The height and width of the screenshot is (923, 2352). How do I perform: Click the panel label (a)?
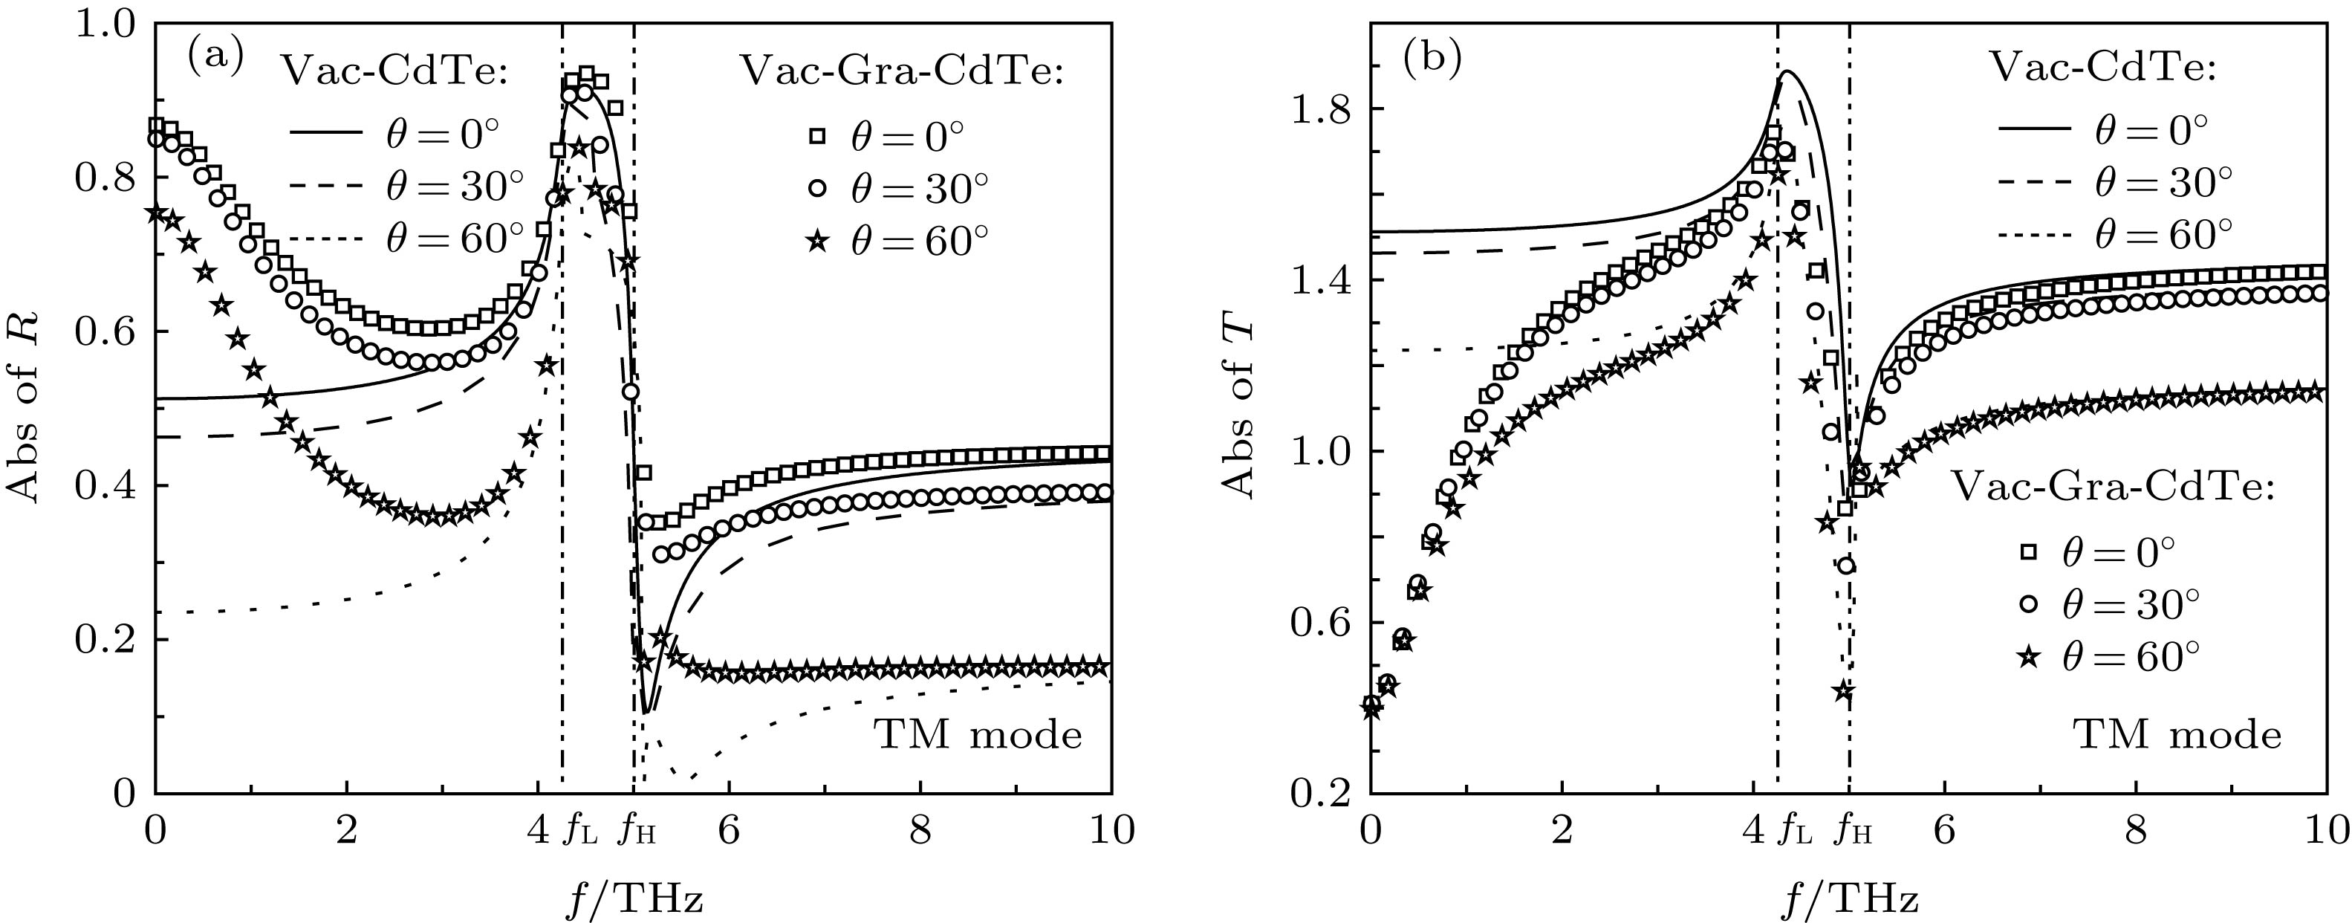coord(215,59)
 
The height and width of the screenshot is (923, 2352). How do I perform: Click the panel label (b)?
coord(1432,59)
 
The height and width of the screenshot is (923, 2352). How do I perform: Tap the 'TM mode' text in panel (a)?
coord(978,734)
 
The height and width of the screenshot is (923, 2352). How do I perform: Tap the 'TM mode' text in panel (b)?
coord(2178,734)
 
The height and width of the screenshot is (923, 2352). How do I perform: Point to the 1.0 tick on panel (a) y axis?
coord(108,25)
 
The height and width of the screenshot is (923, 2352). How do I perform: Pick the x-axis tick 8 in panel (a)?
coord(920,832)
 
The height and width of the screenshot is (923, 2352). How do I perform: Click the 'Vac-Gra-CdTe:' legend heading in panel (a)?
coord(901,71)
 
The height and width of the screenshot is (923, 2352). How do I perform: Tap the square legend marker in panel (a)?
coord(817,137)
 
